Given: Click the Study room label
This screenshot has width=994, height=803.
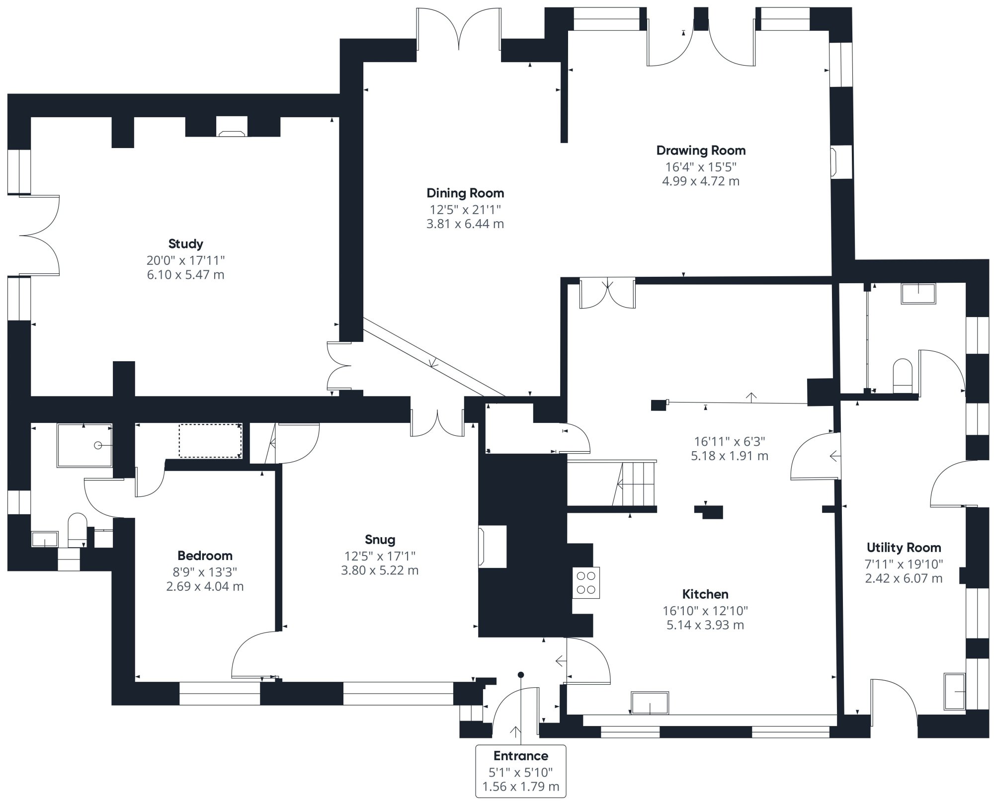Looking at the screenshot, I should pos(185,243).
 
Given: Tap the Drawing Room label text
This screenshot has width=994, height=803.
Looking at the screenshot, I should pos(701,150).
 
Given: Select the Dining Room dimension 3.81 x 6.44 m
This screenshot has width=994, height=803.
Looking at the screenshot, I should pos(465,224).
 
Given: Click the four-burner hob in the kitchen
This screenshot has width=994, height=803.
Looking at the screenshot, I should pos(586,583).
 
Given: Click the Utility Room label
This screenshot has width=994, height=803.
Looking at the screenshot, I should pos(904,548).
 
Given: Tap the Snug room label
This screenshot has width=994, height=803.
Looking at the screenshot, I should pos(380,539).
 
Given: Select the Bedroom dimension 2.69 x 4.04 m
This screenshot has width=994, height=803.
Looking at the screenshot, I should pos(205,586).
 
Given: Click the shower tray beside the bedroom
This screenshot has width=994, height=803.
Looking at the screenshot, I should pos(84,445).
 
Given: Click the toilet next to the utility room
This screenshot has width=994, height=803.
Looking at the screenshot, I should pos(903,376).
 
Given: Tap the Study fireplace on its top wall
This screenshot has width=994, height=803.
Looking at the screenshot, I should pos(232,127).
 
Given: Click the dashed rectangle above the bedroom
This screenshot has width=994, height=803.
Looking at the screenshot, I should pos(210,441).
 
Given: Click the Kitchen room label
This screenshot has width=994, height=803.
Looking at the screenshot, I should pos(705,594).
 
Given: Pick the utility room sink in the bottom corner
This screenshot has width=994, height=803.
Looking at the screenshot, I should pos(954,691).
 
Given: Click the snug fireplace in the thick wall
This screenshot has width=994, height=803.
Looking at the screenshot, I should pos(492,547).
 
